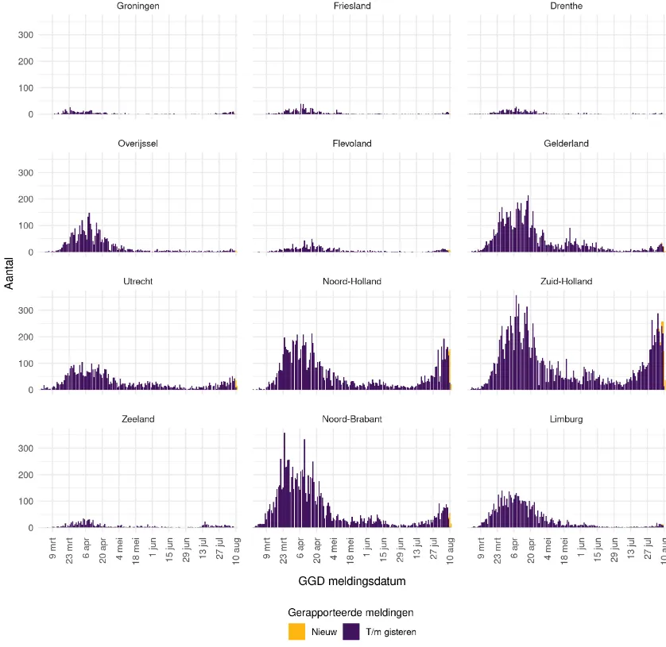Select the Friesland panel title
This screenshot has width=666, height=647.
[351, 6]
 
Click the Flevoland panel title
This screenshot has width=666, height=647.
[351, 144]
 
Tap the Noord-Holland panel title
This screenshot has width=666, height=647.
[351, 281]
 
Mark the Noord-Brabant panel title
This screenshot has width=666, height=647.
[351, 418]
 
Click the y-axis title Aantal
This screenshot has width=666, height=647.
[10, 273]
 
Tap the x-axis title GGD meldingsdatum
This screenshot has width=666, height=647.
[351, 582]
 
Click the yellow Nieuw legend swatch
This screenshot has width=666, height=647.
[297, 632]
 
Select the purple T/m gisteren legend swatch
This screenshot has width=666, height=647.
[350, 632]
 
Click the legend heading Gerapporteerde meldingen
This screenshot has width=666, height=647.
[350, 613]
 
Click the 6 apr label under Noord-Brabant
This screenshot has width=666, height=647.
[300, 551]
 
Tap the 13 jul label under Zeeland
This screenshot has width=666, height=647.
[203, 551]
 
